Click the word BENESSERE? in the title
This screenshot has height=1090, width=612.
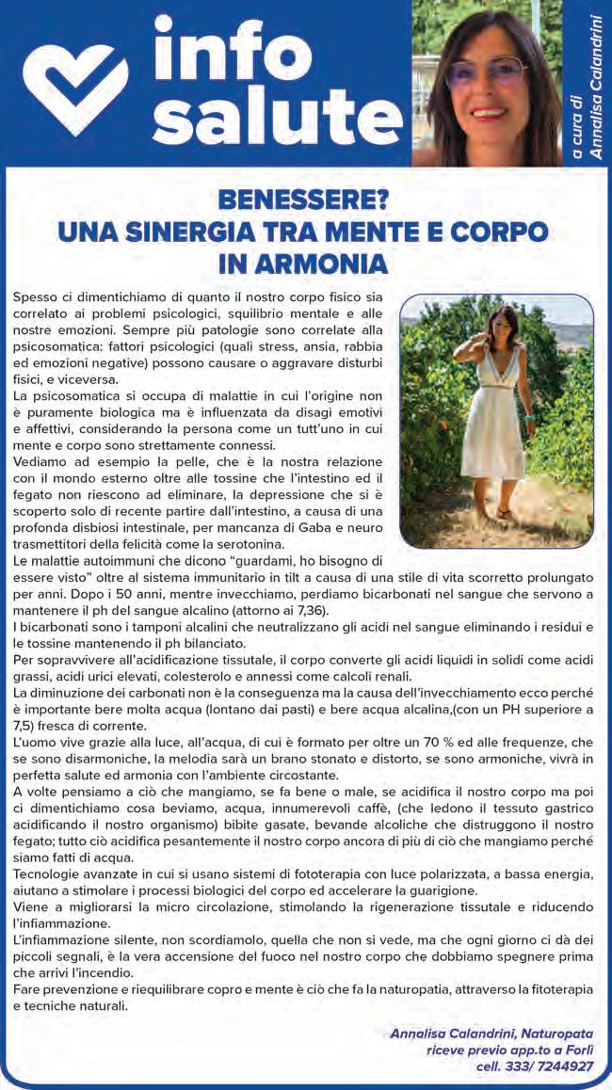(303, 201)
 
